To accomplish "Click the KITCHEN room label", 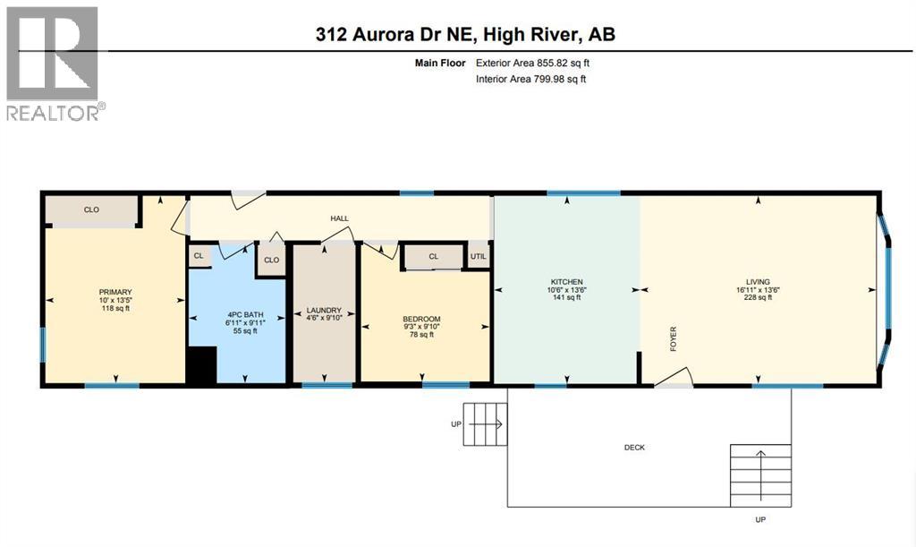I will [x=565, y=281].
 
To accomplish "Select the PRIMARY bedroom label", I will [x=115, y=292].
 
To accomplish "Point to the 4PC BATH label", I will [x=242, y=314].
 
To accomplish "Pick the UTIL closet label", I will [x=479, y=257].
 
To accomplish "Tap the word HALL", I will [x=339, y=218].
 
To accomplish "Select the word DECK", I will [x=634, y=448].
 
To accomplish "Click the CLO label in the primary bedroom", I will [x=91, y=210].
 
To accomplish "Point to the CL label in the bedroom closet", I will [x=433, y=257].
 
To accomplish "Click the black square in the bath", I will [x=202, y=367].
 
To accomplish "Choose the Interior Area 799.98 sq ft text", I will [x=530, y=80].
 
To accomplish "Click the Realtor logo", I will [x=53, y=63].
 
